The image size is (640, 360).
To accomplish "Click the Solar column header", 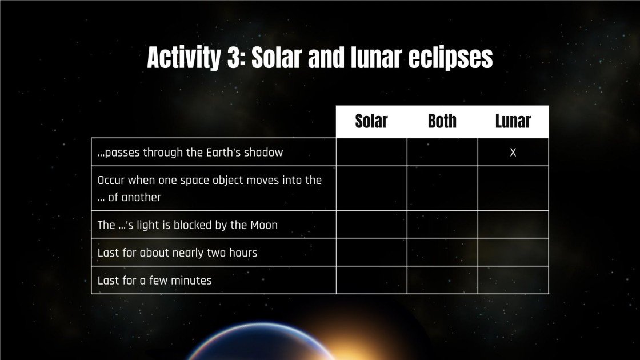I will (x=371, y=121).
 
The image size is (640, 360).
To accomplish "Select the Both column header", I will (x=442, y=121).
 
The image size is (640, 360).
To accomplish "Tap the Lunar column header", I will (x=513, y=121).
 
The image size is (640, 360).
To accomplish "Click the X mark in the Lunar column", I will (x=513, y=153).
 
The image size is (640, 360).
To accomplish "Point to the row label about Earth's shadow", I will (x=190, y=153).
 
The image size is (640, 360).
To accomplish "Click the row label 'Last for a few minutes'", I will (x=154, y=280).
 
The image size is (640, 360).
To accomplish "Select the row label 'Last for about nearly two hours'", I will (x=177, y=252).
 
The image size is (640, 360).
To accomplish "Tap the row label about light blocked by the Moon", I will (x=187, y=225).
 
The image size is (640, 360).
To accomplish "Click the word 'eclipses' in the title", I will (x=450, y=58).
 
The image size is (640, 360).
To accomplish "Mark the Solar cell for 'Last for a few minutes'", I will (x=371, y=280).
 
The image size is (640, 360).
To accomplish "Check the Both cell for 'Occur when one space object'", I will (x=442, y=188).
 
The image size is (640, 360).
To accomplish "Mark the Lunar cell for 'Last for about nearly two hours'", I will (x=513, y=252).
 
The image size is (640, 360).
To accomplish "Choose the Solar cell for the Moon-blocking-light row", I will (x=371, y=225).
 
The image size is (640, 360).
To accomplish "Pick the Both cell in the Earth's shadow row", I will (x=442, y=152).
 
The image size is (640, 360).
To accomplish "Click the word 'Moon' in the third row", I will (x=264, y=225).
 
